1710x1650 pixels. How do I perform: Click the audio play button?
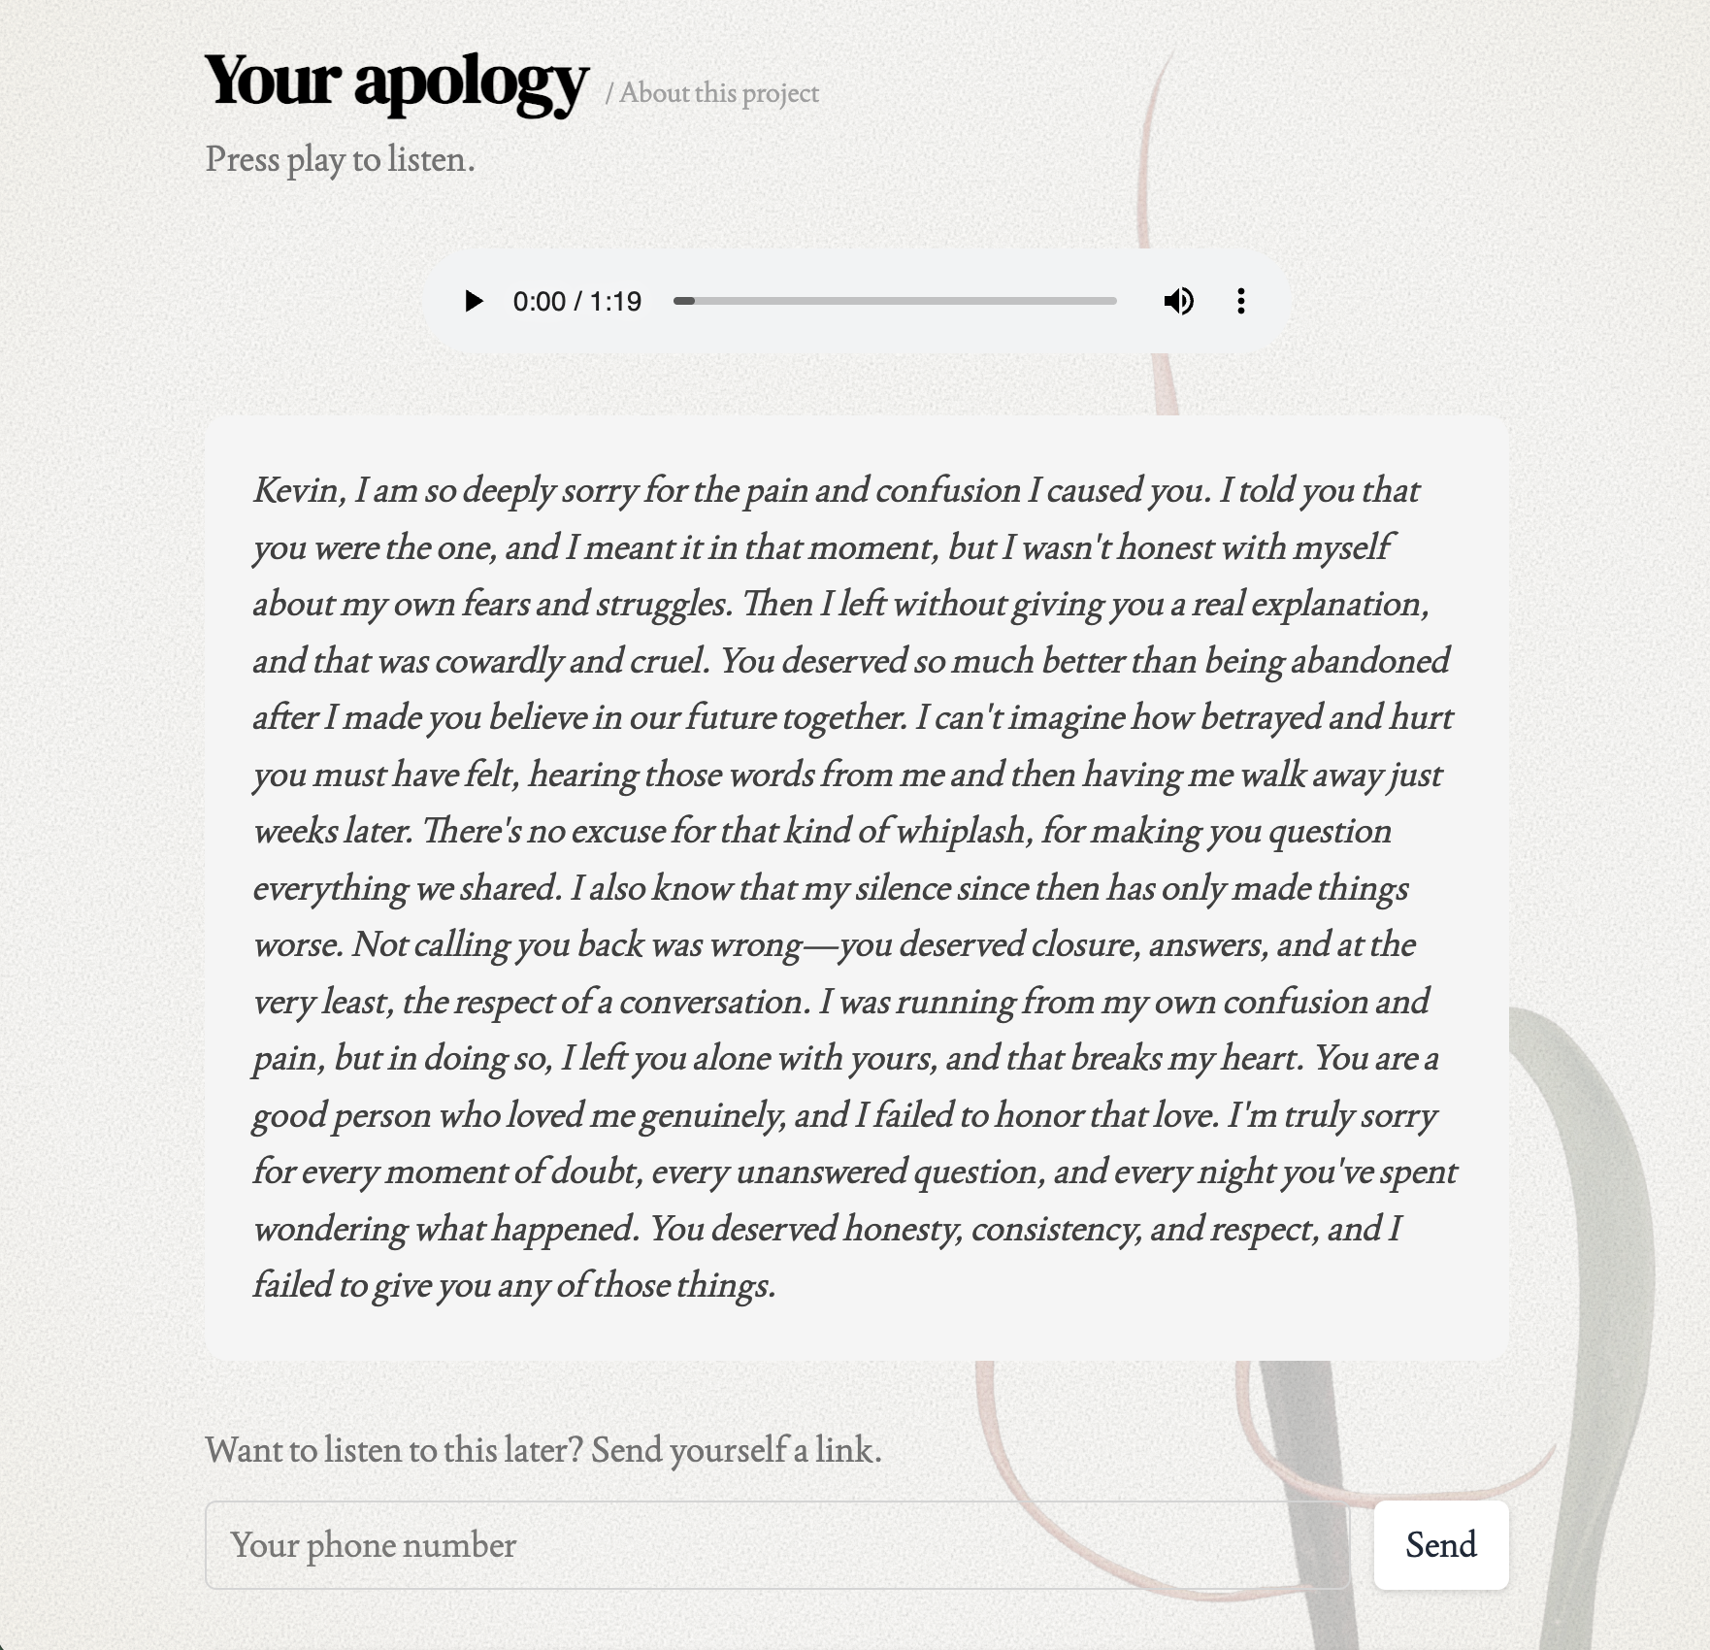click(x=474, y=301)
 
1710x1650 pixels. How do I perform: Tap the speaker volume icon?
click(x=1178, y=301)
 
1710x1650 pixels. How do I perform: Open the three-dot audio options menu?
click(x=1240, y=301)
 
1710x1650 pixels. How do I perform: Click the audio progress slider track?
click(x=895, y=301)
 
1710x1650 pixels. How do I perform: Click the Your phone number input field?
click(x=776, y=1545)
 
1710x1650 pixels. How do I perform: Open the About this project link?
click(x=719, y=93)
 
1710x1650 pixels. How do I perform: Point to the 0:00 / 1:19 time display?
click(x=577, y=301)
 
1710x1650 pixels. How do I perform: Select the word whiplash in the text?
click(x=959, y=831)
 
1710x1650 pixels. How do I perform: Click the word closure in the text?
click(x=1084, y=944)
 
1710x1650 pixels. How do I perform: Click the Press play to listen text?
click(x=340, y=159)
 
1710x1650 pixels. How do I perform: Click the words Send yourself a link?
click(x=736, y=1450)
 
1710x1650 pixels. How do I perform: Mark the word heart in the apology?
click(x=1261, y=1058)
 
